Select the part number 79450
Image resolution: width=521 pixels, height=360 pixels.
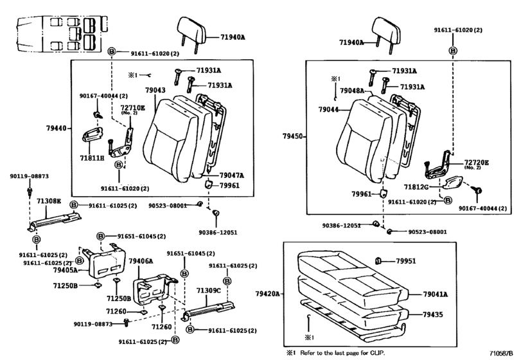(x=292, y=136)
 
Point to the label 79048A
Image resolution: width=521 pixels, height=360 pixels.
(x=353, y=90)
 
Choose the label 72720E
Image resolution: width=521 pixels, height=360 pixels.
(x=477, y=163)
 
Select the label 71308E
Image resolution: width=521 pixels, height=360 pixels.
(x=48, y=202)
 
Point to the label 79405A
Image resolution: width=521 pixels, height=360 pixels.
(x=66, y=270)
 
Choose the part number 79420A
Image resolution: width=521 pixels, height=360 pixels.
(x=268, y=294)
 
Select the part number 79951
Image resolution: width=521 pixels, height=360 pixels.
(x=406, y=261)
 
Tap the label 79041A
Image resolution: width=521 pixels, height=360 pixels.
(x=437, y=294)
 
